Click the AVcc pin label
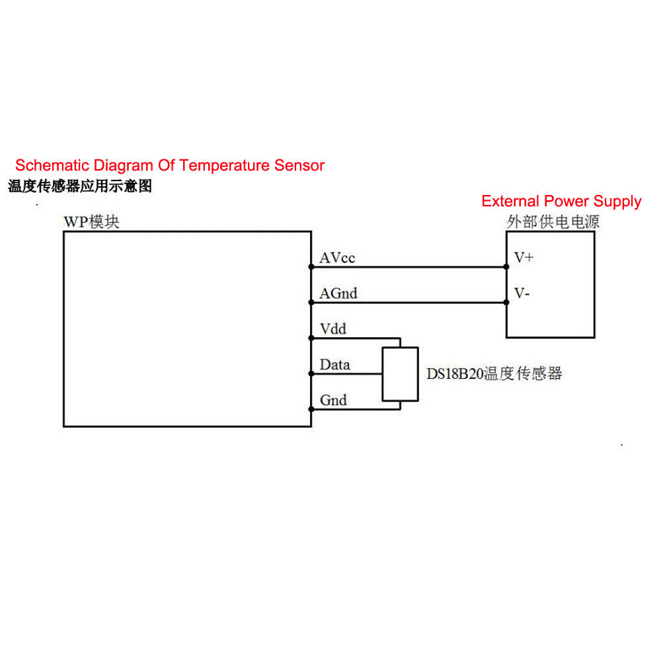(337, 258)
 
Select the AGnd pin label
(338, 293)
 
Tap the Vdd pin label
(332, 329)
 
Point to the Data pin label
(334, 365)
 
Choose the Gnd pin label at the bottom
(332, 401)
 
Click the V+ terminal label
(524, 258)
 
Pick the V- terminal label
(522, 293)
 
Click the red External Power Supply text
(561, 201)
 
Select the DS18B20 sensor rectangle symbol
(400, 374)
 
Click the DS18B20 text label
(454, 374)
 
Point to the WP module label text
(91, 222)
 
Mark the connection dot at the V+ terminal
(506, 267)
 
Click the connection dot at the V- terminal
(506, 303)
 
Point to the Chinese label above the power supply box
(553, 222)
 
